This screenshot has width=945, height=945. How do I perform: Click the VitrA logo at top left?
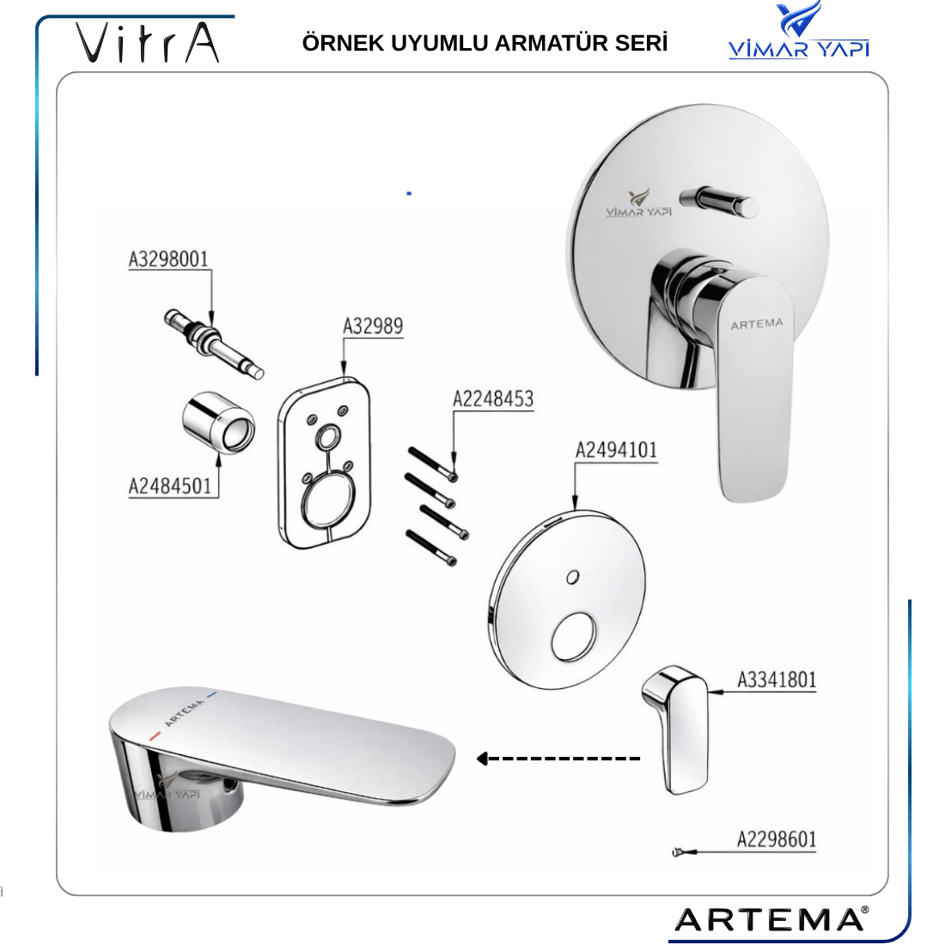click(147, 42)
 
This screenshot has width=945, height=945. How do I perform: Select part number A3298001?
click(168, 259)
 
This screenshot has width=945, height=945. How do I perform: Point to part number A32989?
click(373, 326)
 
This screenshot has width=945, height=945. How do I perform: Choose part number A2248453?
click(493, 399)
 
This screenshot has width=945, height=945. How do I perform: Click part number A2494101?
click(616, 450)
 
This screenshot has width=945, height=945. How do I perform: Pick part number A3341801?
click(777, 680)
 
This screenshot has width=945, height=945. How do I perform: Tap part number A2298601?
click(777, 839)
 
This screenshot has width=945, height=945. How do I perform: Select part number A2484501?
click(170, 486)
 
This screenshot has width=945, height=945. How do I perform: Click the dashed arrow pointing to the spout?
click(558, 759)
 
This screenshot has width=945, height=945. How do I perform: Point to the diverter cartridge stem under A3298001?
click(214, 343)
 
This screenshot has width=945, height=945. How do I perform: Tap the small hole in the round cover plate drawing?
click(572, 577)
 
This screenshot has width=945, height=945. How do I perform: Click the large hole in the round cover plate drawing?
click(574, 637)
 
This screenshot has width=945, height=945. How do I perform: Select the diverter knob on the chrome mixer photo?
click(720, 201)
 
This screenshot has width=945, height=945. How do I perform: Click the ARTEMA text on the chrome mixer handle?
click(757, 324)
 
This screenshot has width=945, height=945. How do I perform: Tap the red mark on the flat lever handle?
click(155, 736)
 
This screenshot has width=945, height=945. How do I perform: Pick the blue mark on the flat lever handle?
click(211, 694)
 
